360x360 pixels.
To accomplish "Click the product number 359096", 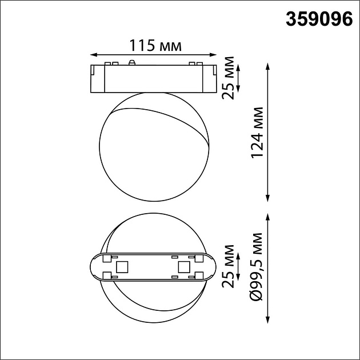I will pyautogui.click(x=318, y=19).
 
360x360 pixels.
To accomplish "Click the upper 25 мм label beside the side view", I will pyautogui.click(x=229, y=78).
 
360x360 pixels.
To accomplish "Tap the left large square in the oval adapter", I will pyautogui.click(x=122, y=267).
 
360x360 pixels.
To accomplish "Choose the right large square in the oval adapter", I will pyautogui.click(x=183, y=267).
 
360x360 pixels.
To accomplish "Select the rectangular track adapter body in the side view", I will pyautogui.click(x=153, y=79).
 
